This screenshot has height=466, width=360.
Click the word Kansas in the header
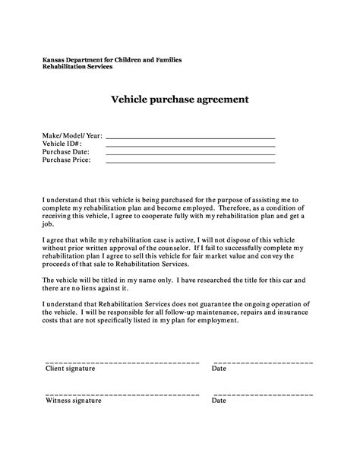tap(53, 59)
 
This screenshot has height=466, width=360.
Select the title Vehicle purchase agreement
tap(180, 100)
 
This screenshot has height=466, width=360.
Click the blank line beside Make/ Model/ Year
tap(190, 137)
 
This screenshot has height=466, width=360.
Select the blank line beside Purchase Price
tap(190, 162)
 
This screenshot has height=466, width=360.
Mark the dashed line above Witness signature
tap(122, 394)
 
